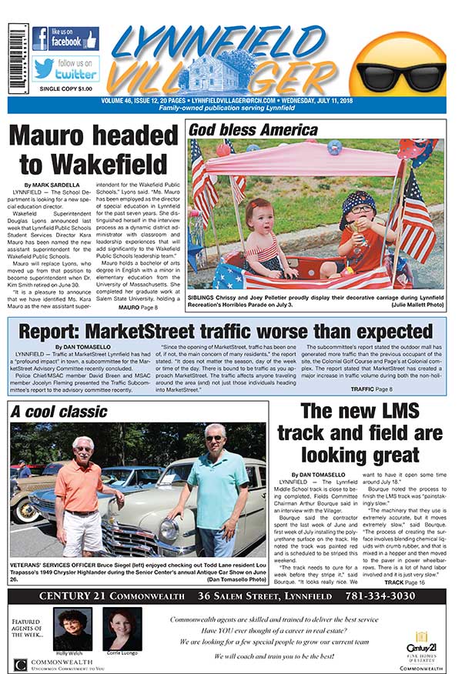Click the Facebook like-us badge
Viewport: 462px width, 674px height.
point(65,38)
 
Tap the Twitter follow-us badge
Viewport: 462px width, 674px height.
point(65,68)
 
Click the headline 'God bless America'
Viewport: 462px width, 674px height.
point(244,129)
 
